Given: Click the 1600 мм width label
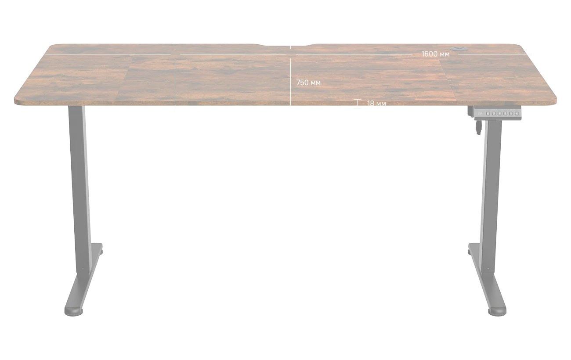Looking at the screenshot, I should [x=435, y=54].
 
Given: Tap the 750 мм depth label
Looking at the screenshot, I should [x=308, y=83].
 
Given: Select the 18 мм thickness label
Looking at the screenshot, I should [x=376, y=104].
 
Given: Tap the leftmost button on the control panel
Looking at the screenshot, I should [x=488, y=113].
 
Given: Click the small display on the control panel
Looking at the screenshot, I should [x=480, y=113].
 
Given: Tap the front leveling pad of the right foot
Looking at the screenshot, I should [x=496, y=311].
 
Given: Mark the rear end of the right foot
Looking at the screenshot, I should [x=472, y=250].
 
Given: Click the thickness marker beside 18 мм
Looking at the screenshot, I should [x=358, y=104].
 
